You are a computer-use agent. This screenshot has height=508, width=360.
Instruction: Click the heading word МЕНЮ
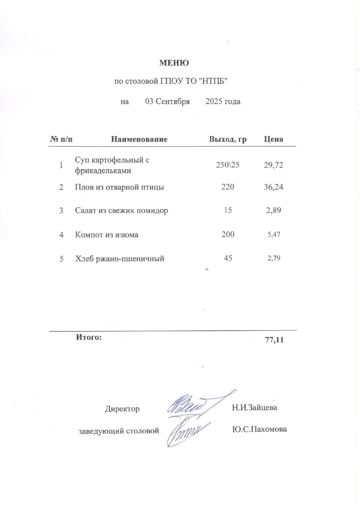click(174, 63)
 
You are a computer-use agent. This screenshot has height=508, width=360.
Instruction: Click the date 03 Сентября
click(167, 102)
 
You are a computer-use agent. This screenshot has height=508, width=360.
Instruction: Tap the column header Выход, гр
click(228, 139)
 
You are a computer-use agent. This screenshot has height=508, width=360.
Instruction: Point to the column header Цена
click(274, 139)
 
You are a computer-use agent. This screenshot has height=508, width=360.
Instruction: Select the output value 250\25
click(228, 166)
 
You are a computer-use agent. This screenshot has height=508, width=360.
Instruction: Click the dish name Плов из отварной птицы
click(119, 188)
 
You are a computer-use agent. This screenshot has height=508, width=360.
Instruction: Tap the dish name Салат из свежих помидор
click(121, 210)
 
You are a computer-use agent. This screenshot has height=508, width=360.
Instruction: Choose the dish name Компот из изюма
click(106, 235)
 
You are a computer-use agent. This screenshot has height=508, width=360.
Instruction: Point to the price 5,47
click(274, 235)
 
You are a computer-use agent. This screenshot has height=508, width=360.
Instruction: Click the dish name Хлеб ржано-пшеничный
click(119, 259)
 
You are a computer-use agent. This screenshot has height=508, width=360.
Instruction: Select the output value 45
click(228, 259)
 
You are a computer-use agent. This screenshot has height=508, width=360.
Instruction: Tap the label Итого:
click(89, 336)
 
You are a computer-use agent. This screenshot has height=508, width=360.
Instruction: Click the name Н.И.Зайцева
click(255, 407)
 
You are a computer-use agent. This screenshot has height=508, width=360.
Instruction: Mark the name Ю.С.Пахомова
click(259, 430)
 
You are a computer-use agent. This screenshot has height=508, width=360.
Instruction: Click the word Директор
click(122, 408)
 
